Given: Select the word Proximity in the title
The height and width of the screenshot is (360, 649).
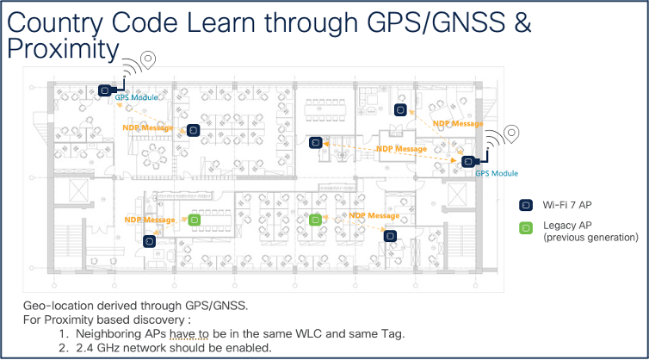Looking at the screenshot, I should [x=62, y=49].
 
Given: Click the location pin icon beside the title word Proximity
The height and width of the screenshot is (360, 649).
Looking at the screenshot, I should [x=150, y=60].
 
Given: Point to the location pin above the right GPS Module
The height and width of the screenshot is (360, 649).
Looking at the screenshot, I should [x=512, y=133].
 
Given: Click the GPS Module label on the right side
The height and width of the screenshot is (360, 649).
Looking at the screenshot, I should [x=497, y=173].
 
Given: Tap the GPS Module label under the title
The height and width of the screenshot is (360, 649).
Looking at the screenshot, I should [x=137, y=98].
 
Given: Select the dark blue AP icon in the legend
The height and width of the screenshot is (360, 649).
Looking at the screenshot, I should [x=524, y=205].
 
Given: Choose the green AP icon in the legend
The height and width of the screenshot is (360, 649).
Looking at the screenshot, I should [x=524, y=228].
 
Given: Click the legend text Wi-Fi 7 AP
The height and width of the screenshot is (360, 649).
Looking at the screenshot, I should [x=568, y=206].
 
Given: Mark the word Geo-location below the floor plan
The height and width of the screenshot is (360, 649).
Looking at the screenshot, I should [x=57, y=306].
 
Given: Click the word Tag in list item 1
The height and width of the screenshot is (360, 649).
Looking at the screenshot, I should [x=395, y=333].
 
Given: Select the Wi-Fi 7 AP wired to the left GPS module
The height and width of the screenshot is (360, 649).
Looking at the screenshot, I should [x=107, y=90].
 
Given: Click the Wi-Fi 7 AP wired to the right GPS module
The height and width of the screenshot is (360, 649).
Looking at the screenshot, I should [x=467, y=160].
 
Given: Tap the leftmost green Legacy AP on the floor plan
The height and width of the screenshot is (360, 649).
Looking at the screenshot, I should [x=195, y=220].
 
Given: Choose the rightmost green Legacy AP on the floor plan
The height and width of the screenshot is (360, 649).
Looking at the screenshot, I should [x=315, y=220].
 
